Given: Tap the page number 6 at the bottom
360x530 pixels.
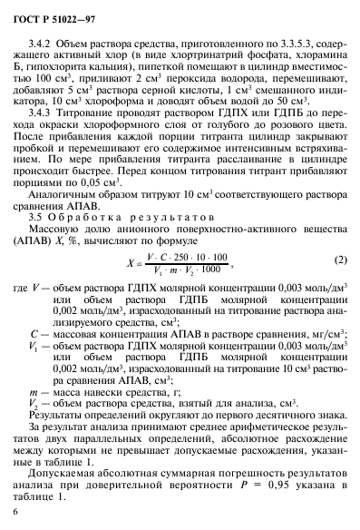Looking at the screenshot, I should pyautogui.click(x=19, y=513).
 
